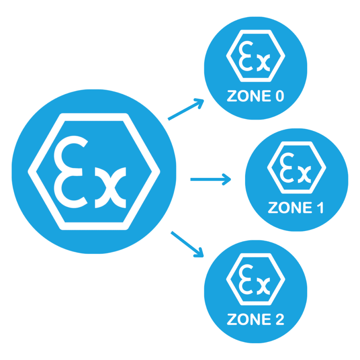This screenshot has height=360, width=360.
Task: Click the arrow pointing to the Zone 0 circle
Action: [186, 110]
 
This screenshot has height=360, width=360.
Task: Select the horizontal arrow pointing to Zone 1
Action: [211, 179]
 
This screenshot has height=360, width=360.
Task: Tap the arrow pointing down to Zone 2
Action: [187, 244]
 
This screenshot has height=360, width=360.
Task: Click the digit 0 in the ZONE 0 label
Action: [279, 96]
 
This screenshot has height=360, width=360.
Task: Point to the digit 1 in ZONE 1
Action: [321, 207]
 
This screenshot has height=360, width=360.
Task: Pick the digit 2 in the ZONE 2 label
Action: [280, 319]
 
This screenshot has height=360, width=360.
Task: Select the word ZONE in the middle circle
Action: [290, 207]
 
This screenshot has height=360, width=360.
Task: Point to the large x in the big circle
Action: [110, 188]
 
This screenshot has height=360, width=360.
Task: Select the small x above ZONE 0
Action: [263, 63]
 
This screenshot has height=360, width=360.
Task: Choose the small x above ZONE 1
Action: [304, 174]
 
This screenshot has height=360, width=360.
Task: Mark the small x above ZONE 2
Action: [263, 286]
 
